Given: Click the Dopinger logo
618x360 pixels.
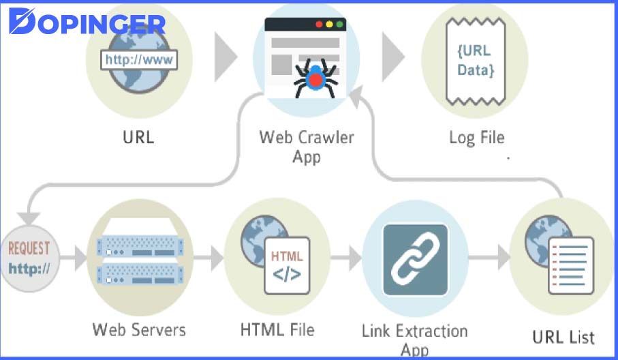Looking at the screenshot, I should pos(87,22).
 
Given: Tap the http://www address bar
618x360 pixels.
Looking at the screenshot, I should pos(139,59).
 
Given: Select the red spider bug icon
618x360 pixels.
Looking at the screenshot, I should pos(315,79).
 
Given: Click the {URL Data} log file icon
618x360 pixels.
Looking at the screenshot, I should pos(474,60).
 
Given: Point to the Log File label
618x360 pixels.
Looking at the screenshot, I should pos(476,137).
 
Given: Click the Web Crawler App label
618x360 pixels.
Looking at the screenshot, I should pos(306,146).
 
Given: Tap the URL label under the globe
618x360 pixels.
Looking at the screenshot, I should pos(138,136).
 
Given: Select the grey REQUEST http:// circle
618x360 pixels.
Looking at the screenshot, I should pos(29,257).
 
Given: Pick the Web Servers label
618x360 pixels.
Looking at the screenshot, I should pos(139,330).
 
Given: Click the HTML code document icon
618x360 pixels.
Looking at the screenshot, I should pos(287,265).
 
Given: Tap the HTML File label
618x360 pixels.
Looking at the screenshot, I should pos(277,330).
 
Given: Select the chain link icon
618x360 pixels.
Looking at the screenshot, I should pos(415,260).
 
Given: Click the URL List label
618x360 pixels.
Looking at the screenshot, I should pos(563,336).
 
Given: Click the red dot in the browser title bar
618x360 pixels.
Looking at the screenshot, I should pos(318,25).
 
